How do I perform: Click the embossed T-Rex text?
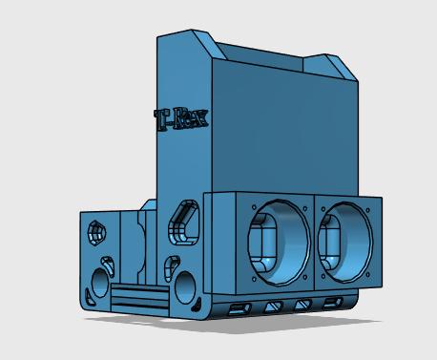point(181,119)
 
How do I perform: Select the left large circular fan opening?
point(279,242)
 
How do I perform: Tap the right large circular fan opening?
point(345,242)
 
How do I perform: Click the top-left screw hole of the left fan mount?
point(254,207)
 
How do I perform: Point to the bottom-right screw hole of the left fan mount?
point(305,277)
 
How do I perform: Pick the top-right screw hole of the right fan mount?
point(368,210)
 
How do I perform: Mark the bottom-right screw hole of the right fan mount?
point(367,275)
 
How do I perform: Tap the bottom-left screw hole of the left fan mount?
point(254,279)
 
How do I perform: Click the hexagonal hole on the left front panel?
point(96,233)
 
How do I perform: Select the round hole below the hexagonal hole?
point(100,283)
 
